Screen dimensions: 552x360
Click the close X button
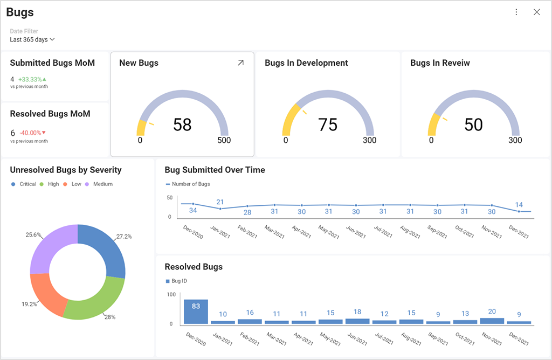pyautogui.click(x=536, y=12)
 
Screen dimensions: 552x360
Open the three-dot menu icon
pyautogui.click(x=516, y=12)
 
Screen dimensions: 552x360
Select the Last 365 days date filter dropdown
pyautogui.click(x=32, y=39)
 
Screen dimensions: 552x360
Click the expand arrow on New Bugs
pyautogui.click(x=241, y=63)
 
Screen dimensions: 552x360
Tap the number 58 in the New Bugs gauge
pyautogui.click(x=182, y=124)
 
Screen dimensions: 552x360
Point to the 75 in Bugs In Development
pyautogui.click(x=328, y=124)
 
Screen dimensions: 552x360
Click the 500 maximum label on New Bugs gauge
pyautogui.click(x=224, y=140)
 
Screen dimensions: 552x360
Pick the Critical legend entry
pyautogui.click(x=24, y=184)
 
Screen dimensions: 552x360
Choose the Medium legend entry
pyautogui.click(x=99, y=184)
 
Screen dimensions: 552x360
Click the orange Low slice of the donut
pyautogui.click(x=47, y=293)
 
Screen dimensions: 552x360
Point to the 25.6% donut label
pyautogui.click(x=33, y=234)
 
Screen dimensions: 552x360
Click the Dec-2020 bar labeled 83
pyautogui.click(x=196, y=312)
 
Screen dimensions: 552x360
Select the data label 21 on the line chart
pyautogui.click(x=220, y=202)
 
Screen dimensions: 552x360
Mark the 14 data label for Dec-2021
pyautogui.click(x=519, y=205)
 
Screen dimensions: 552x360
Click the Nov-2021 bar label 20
pyautogui.click(x=492, y=311)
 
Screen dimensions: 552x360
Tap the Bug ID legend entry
pyautogui.click(x=176, y=281)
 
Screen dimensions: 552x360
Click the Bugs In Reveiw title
pyautogui.click(x=440, y=63)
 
